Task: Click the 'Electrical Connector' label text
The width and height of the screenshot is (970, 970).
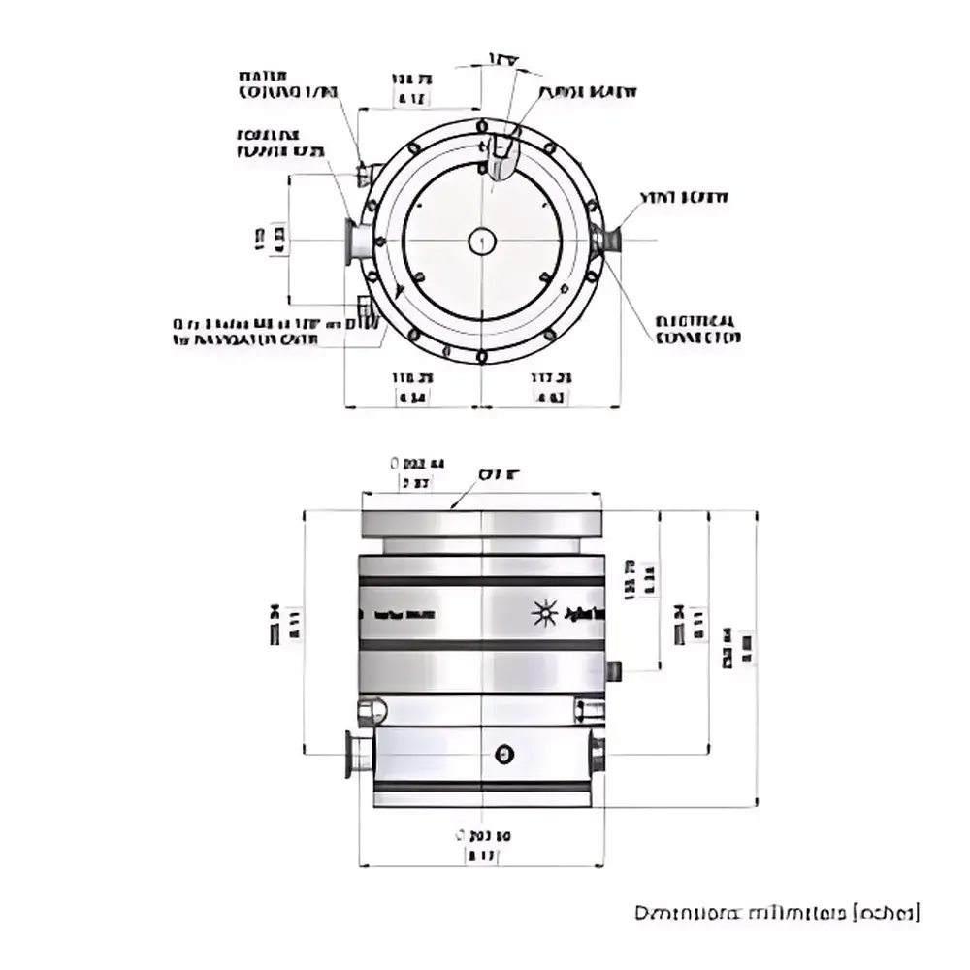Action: click(x=697, y=329)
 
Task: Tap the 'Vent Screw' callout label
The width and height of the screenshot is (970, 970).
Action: click(x=683, y=197)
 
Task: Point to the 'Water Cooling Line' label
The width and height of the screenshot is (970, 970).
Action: click(x=288, y=84)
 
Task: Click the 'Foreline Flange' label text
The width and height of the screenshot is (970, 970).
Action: click(x=280, y=144)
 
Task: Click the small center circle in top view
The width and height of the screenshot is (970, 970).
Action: click(x=482, y=241)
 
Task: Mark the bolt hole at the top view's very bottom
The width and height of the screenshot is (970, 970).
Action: click(x=482, y=359)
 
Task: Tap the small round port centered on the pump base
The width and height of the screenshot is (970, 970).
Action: click(x=503, y=755)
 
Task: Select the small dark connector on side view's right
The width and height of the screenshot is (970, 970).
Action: click(x=613, y=671)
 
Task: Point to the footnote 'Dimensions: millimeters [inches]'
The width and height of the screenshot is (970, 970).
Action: click(x=776, y=913)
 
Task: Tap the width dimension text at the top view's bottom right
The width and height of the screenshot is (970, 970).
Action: click(x=551, y=386)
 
